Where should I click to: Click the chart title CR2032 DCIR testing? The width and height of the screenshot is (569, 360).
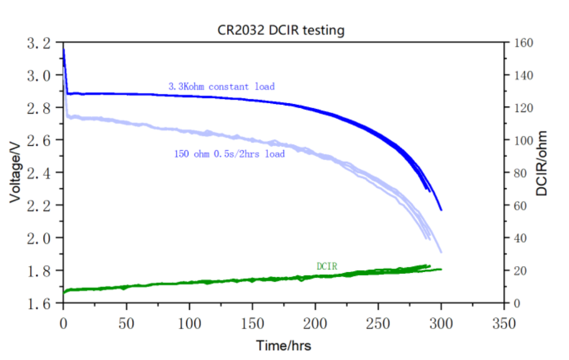[281, 30]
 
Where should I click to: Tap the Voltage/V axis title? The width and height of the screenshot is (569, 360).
[15, 172]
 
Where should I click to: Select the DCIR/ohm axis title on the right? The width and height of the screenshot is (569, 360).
[541, 163]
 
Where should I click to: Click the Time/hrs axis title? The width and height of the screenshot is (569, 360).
[284, 346]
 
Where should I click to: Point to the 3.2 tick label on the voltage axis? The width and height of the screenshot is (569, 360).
[39, 43]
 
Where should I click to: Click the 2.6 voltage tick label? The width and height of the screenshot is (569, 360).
[39, 140]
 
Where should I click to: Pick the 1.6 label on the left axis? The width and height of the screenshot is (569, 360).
[39, 303]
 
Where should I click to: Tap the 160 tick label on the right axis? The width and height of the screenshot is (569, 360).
[523, 43]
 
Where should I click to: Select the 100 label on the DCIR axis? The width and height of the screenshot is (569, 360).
[523, 140]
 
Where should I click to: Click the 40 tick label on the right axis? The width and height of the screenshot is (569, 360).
[520, 238]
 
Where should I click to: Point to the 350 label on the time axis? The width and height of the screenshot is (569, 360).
[504, 324]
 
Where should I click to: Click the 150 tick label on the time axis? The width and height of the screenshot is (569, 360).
[252, 324]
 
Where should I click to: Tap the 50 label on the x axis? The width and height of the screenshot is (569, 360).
[127, 324]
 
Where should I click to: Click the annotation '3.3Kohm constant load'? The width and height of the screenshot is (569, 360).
[222, 87]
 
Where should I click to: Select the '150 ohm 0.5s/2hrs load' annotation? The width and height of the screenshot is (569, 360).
[229, 154]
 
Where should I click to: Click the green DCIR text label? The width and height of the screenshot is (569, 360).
[327, 266]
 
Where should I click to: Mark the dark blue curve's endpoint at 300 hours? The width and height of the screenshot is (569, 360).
[441, 210]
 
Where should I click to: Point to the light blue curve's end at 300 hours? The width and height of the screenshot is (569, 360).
[441, 252]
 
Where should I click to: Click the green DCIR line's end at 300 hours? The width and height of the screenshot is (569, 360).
[441, 269]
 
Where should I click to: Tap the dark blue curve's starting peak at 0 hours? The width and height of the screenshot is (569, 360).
[64, 50]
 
